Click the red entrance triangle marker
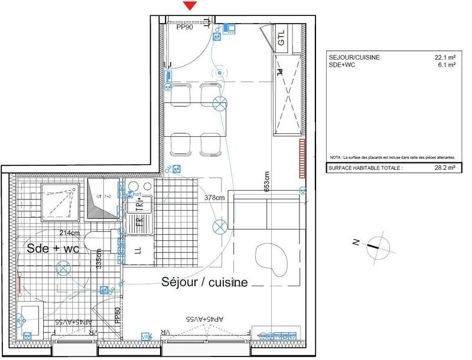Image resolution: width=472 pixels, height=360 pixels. (190, 6)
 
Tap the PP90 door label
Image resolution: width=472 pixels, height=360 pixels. (185, 27)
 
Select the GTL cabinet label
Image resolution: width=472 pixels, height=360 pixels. (281, 38)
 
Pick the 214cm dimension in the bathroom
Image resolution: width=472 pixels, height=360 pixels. (69, 233)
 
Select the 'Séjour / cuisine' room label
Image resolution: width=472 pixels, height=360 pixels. (204, 282)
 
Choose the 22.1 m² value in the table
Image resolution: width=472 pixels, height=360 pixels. (444, 57)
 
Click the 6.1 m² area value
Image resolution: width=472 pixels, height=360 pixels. (445, 66)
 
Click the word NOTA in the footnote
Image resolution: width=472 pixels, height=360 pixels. (336, 158)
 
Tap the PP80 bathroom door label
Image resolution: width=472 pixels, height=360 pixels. (117, 313)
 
